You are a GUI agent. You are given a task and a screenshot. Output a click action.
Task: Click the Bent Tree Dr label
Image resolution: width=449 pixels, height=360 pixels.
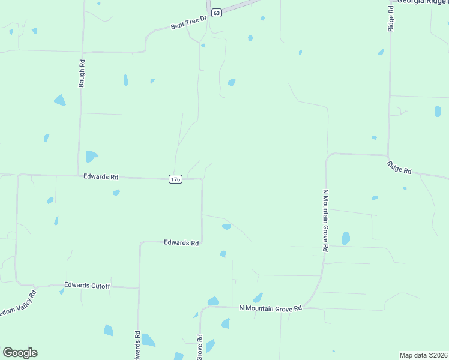(188, 23)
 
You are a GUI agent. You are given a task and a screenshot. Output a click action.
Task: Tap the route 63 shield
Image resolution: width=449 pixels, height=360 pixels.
(217, 12)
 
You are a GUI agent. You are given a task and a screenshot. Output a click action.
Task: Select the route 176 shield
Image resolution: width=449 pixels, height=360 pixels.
(175, 179)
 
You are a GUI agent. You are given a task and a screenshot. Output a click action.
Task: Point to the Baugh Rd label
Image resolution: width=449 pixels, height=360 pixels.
(82, 73)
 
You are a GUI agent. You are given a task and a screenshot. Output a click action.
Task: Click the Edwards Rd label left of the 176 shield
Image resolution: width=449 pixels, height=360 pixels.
(101, 177)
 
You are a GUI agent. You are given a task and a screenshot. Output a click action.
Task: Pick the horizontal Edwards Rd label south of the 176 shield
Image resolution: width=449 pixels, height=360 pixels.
(181, 243)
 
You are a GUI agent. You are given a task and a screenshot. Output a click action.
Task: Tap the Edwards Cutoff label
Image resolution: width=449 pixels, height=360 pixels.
(87, 286)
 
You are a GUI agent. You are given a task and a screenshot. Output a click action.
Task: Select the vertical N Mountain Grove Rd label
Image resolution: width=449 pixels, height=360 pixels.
(325, 221)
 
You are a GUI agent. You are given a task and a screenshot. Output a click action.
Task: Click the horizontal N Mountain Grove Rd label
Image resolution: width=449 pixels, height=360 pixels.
(270, 308)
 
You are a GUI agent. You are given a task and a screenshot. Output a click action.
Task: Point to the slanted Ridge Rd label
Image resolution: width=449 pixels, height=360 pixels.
(399, 167)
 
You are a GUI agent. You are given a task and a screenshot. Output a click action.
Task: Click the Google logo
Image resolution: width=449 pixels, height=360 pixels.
(20, 353)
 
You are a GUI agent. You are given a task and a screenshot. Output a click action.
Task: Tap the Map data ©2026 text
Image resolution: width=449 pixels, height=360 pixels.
(423, 355)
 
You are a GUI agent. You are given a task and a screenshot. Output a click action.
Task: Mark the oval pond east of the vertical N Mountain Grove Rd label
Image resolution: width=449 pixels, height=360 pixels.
(346, 238)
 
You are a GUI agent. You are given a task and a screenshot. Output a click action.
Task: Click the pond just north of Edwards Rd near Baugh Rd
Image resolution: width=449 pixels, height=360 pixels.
(91, 157)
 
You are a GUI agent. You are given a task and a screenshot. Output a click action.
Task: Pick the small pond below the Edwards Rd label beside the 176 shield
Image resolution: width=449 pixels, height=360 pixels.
(116, 193)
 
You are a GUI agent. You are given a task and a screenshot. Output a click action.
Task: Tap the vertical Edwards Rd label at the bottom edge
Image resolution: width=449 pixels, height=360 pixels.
(137, 345)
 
